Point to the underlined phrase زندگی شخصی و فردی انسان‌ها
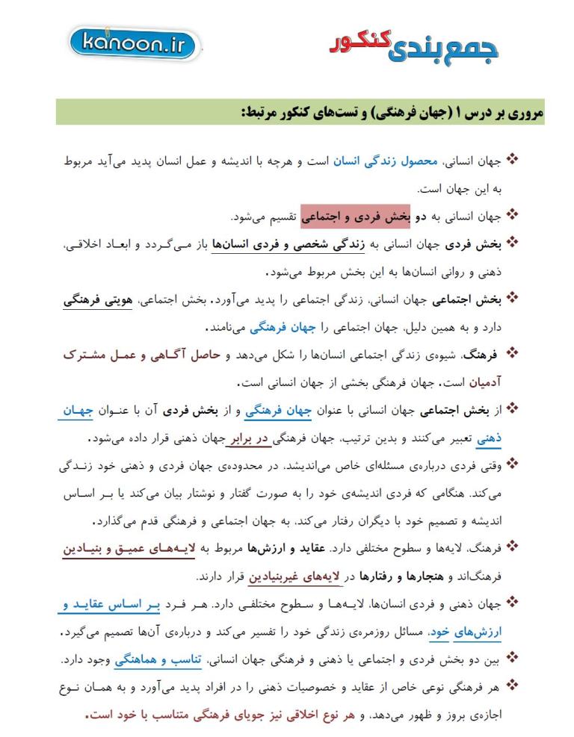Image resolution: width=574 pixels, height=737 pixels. point(283,244)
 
